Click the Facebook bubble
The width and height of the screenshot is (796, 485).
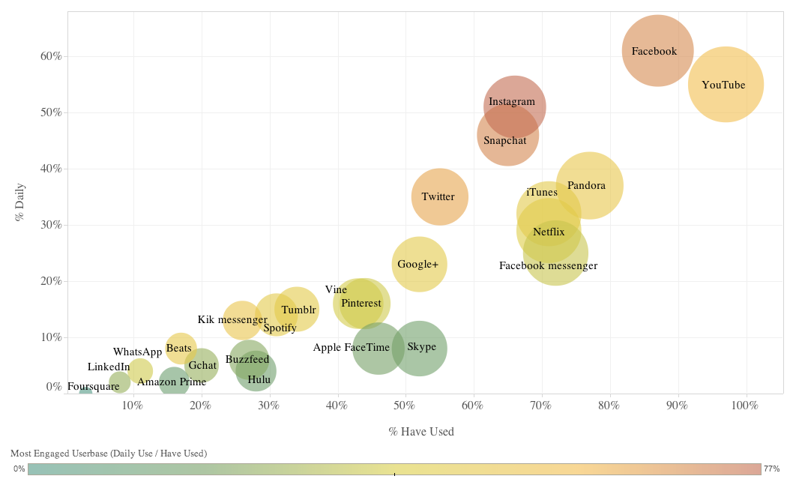click(657, 51)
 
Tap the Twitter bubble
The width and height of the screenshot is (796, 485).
click(439, 196)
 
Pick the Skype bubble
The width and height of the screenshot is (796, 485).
click(420, 348)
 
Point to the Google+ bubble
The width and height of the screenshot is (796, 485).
click(420, 264)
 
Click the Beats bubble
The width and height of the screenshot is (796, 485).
click(180, 348)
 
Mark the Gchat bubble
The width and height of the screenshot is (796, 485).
click(201, 366)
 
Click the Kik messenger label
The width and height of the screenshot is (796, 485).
click(232, 320)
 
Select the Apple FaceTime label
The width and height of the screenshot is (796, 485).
click(351, 348)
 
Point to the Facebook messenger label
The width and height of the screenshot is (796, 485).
click(548, 265)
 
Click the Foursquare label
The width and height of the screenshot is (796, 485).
click(93, 387)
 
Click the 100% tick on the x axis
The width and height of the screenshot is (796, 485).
click(744, 406)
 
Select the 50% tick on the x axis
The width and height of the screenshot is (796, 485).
click(405, 406)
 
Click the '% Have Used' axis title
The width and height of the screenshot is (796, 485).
click(421, 432)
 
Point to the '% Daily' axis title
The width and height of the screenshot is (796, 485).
click(20, 202)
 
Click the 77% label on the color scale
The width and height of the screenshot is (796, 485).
click(771, 469)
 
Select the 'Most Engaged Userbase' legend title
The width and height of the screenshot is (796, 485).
click(109, 454)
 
